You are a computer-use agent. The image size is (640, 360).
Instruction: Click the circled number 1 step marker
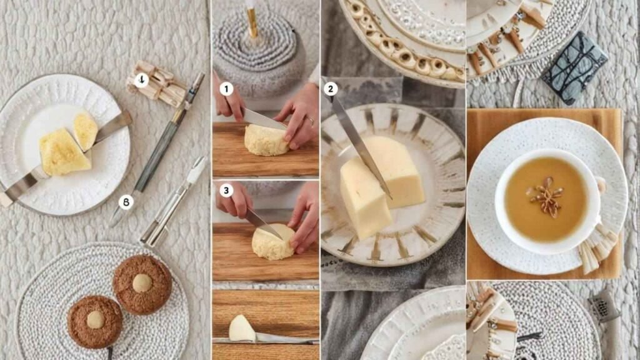(226, 89)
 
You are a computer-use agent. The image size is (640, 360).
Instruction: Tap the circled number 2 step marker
(330, 89)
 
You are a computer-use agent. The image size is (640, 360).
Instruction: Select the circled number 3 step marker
(226, 190)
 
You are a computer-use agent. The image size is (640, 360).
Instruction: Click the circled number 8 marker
(126, 202)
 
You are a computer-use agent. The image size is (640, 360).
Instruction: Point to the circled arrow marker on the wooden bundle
(141, 80)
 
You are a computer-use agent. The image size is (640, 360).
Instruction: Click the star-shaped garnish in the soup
(546, 196)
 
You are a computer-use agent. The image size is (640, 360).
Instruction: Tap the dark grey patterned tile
(575, 68)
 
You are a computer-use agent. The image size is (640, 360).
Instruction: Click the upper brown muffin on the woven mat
(142, 284)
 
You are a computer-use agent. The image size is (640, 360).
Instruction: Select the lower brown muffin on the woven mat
(95, 322)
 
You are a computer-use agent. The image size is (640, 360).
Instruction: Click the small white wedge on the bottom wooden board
(241, 329)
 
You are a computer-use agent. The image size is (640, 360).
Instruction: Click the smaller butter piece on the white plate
(86, 131)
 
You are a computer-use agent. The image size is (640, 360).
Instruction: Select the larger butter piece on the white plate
(64, 152)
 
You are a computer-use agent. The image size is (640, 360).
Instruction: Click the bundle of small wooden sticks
(157, 85)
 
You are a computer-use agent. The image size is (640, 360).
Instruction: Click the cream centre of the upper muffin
(142, 283)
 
